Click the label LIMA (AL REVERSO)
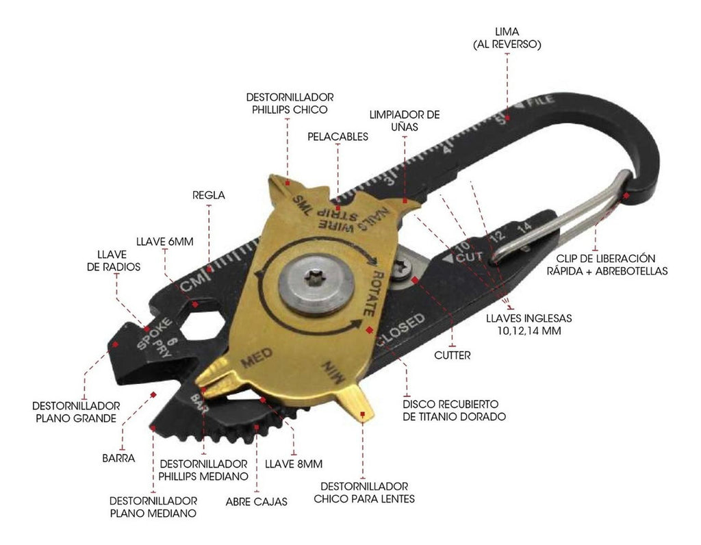[x=507, y=38]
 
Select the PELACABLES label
[x=337, y=136]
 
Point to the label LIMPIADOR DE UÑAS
[x=405, y=121]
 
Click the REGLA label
[x=209, y=195]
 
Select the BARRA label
[x=121, y=458]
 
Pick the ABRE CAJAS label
[x=256, y=501]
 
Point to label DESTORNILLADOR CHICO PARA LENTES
[x=364, y=492]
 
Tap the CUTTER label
[x=452, y=355]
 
